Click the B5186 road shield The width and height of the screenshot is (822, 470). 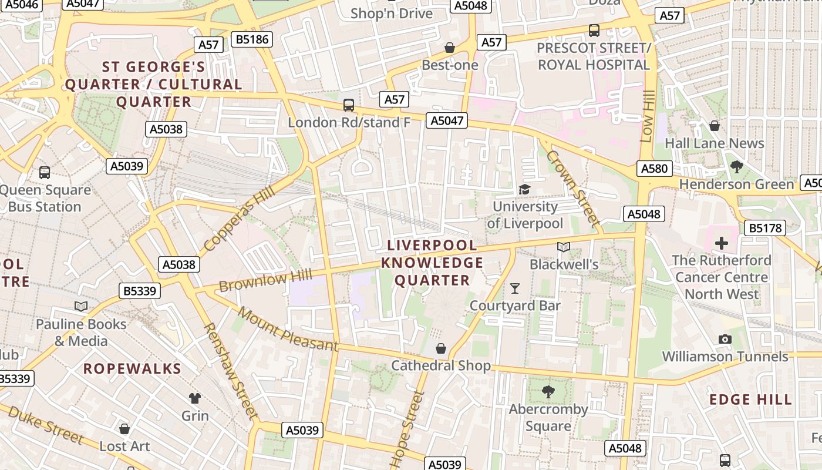coord(252,39)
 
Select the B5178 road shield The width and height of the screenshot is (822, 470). coord(764,228)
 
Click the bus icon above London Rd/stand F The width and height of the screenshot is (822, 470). coord(349,105)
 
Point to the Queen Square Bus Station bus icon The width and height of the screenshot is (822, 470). coord(45,173)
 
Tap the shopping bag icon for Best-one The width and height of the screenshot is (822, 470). coord(450,48)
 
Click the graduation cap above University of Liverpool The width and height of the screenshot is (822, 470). coord(524,189)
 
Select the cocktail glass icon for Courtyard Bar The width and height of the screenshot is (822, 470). coord(515,288)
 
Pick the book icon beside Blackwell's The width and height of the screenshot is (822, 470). coord(564,247)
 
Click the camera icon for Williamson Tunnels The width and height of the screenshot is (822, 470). coord(725,339)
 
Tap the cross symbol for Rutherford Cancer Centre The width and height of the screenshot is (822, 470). coord(722,243)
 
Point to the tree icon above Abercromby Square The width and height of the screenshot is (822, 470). coord(548,391)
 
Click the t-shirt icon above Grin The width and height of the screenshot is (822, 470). coord(194,398)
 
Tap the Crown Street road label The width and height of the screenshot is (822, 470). coord(573,188)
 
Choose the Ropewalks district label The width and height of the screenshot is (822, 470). coord(132,369)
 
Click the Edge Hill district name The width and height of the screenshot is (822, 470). coord(750,400)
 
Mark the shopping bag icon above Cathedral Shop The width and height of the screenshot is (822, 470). coord(441,348)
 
